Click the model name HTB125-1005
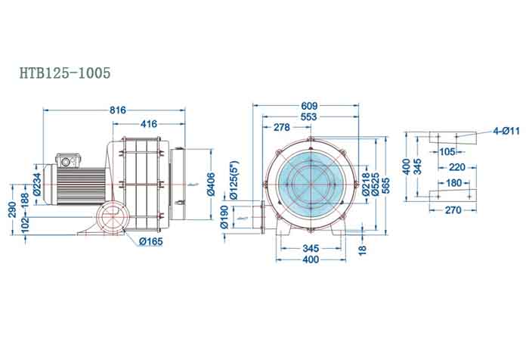coord(65,73)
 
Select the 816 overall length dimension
coord(118,110)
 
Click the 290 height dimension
coord(13,209)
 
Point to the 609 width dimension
coord(308,106)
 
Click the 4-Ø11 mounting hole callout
coord(507,132)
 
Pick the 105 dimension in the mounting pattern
coord(447,151)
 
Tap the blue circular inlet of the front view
coord(309,183)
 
